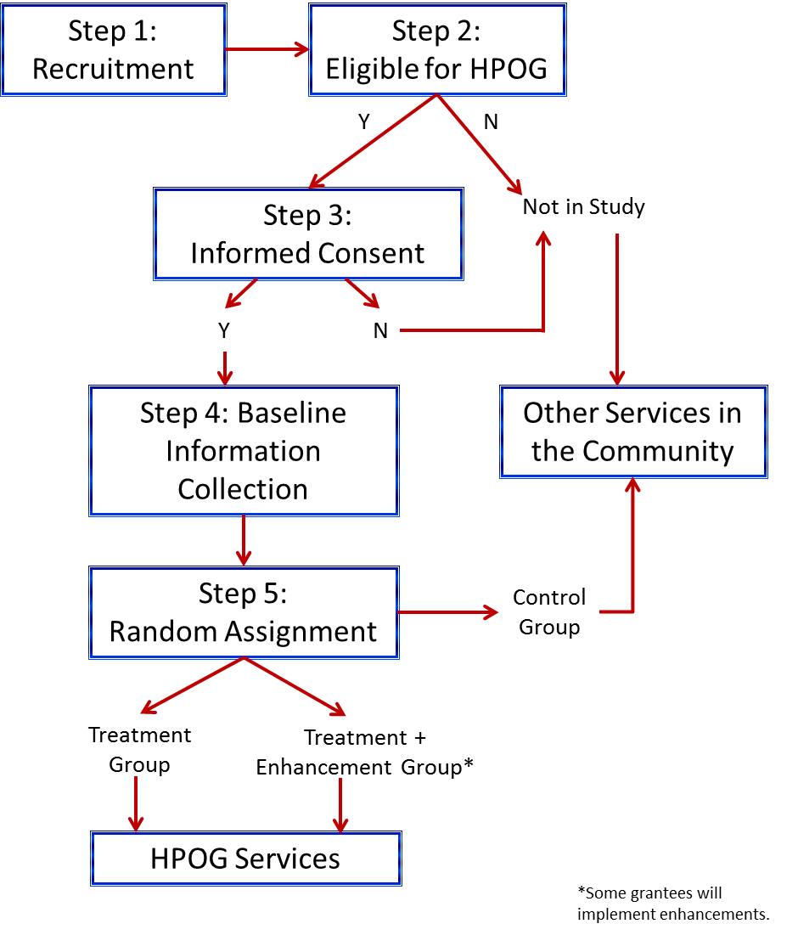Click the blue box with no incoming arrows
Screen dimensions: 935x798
point(114,50)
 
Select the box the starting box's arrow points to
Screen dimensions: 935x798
point(437,50)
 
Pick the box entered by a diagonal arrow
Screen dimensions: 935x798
point(308,234)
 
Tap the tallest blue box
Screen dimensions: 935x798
point(244,451)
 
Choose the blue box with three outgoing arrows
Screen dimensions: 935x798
point(244,612)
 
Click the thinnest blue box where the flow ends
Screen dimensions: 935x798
point(245,858)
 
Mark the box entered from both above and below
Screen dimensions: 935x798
point(633,432)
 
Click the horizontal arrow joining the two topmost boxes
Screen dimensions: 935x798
point(267,49)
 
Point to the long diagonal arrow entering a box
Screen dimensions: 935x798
point(374,141)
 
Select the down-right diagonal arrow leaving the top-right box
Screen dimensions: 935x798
point(479,144)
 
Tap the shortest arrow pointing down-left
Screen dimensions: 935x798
point(241,294)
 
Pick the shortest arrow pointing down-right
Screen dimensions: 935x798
point(362,294)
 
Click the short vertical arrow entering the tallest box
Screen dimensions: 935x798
point(225,369)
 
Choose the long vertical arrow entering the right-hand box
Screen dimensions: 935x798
point(617,309)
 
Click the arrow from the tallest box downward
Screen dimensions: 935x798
point(244,540)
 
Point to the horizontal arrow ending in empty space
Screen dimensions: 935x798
point(447,611)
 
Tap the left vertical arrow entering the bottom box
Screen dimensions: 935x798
point(136,803)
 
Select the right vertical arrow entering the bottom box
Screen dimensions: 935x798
point(340,805)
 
